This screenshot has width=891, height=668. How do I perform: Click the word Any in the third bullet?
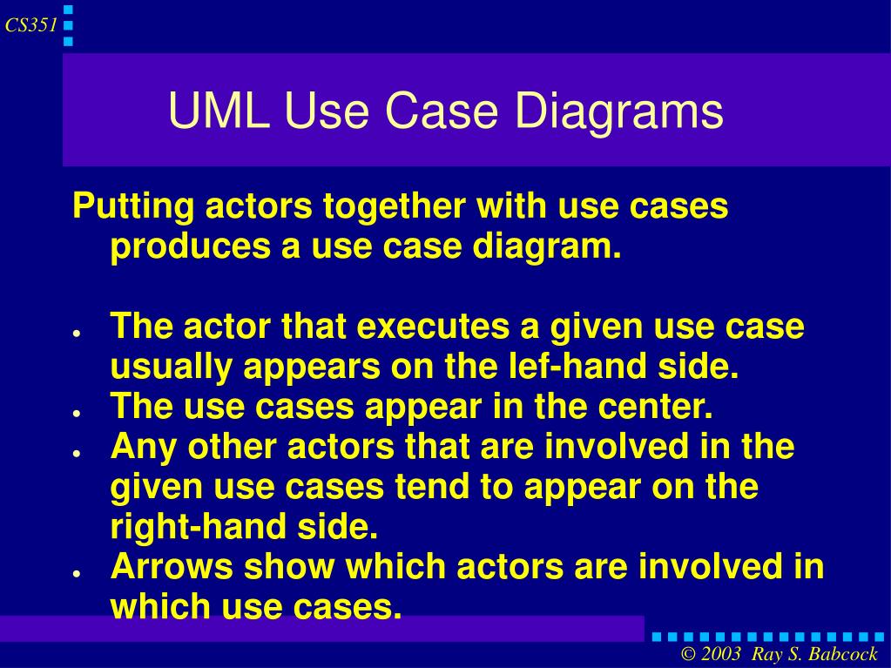point(143,447)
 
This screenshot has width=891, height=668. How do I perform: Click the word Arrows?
point(172,567)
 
